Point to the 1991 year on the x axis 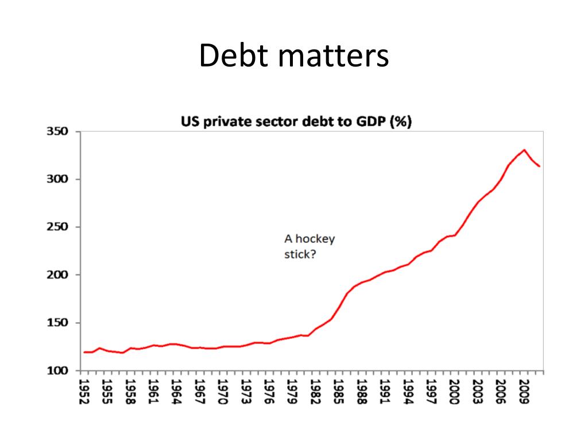pos(385,392)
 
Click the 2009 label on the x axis pos(524,392)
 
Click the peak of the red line pos(524,150)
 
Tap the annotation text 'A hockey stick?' pos(309,246)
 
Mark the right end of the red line pos(539,166)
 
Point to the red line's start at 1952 pos(84,352)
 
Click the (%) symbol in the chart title pos(400,122)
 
